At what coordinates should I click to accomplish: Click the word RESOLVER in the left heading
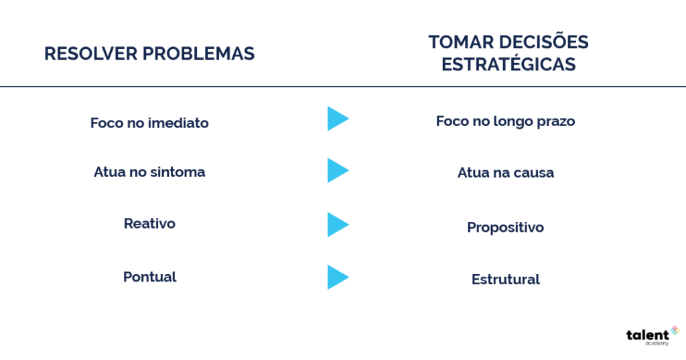[x=90, y=54]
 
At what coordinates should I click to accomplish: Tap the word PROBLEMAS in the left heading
[x=198, y=54]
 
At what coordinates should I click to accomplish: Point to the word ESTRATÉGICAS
[x=508, y=64]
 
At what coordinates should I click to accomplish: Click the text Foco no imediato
[x=149, y=123]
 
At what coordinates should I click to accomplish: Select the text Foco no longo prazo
[x=505, y=121]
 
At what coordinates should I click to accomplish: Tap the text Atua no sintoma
[x=149, y=172]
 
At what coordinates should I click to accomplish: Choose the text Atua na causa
[x=506, y=172]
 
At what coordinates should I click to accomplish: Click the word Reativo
[x=149, y=223]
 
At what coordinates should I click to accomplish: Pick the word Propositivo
[x=505, y=227]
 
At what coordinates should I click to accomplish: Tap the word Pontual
[x=149, y=277]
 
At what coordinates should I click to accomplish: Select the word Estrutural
[x=506, y=280]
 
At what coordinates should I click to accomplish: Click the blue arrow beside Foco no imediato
[x=337, y=119]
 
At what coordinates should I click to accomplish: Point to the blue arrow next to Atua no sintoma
[x=337, y=170]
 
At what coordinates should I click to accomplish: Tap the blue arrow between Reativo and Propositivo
[x=337, y=225]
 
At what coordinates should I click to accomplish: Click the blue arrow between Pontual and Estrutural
[x=337, y=278]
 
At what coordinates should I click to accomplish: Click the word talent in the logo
[x=648, y=335]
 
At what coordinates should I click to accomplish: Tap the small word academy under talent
[x=657, y=344]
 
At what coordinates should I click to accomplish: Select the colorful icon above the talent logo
[x=674, y=331]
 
